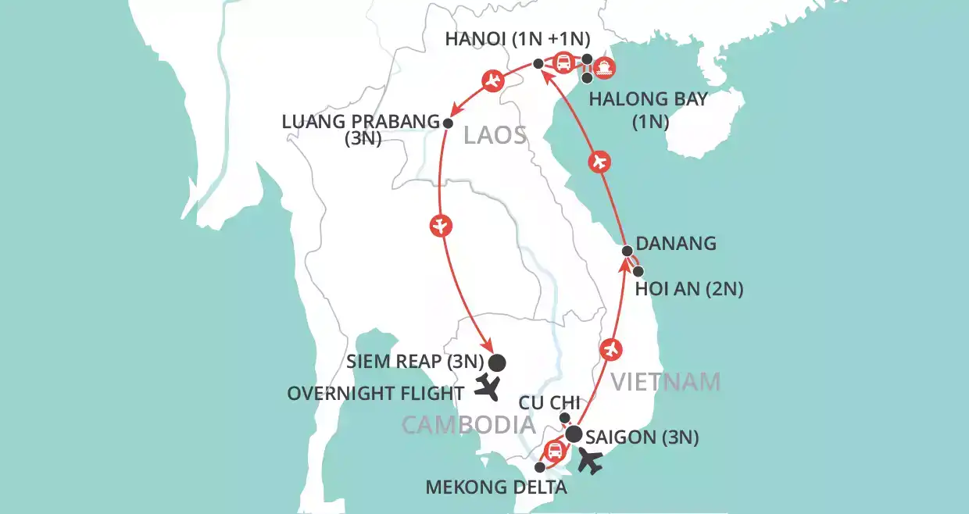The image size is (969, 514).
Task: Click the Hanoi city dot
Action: coord(538,64)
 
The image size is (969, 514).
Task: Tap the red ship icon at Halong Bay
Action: coord(605,69)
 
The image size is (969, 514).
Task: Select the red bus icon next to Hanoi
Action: coord(563,62)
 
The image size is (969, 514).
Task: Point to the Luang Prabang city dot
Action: coord(448,123)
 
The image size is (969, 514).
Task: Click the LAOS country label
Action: coord(495,135)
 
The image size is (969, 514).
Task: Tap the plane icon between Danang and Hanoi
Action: coord(599,162)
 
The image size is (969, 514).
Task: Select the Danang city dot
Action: coord(628,251)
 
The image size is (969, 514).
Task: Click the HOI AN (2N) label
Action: coord(689,290)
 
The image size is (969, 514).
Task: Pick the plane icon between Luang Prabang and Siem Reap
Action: coord(441,227)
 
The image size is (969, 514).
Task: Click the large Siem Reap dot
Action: coord(497,362)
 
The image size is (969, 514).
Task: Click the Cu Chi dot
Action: coord(565,418)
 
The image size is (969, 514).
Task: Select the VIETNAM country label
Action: coord(665,382)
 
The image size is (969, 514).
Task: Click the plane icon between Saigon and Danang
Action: coord(613,348)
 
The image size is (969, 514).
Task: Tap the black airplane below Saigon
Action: coord(591,461)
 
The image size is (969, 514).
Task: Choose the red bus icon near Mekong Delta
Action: coord(553,451)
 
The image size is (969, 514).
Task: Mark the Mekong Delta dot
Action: coord(539,467)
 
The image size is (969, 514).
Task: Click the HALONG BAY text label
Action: coord(649,99)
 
